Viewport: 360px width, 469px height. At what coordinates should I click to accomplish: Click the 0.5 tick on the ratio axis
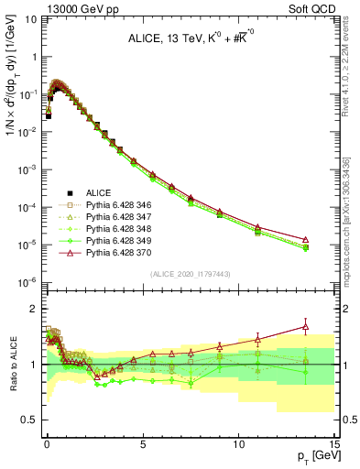point(30,420)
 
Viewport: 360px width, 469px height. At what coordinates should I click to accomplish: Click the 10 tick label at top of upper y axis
point(29,19)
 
